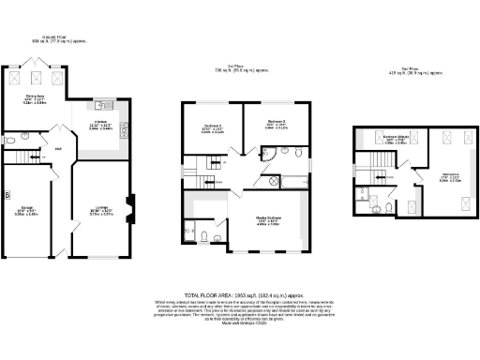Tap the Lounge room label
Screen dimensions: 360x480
click(x=101, y=210)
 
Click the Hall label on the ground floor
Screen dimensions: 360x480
click(x=57, y=149)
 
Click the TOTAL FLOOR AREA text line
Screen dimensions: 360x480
click(x=240, y=294)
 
